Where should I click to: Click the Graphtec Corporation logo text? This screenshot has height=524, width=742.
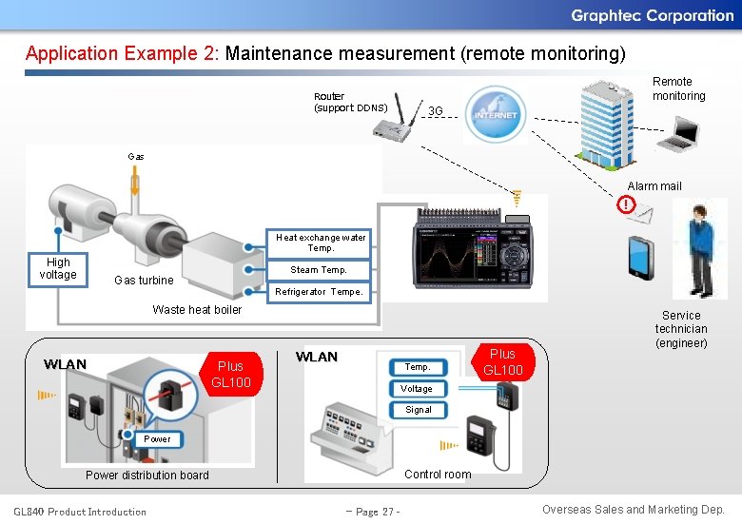click(x=652, y=15)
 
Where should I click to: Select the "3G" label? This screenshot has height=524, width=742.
click(x=436, y=111)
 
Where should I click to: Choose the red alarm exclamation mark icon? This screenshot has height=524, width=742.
click(x=625, y=204)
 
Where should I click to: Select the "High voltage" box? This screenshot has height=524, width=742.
click(x=58, y=268)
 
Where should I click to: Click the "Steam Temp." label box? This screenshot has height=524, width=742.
click(x=319, y=270)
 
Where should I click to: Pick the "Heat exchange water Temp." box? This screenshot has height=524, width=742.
click(x=321, y=243)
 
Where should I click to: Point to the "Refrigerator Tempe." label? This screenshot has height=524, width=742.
click(x=319, y=292)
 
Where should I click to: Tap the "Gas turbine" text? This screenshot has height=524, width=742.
click(x=144, y=281)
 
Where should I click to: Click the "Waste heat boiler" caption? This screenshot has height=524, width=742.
click(x=197, y=309)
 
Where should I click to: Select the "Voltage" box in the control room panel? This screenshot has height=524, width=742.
click(x=417, y=389)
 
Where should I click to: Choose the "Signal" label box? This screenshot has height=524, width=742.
click(x=419, y=410)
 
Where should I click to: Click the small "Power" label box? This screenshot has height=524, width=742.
click(x=157, y=439)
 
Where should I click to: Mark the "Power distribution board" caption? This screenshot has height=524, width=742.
click(x=147, y=475)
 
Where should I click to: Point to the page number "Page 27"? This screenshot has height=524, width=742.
click(x=373, y=512)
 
